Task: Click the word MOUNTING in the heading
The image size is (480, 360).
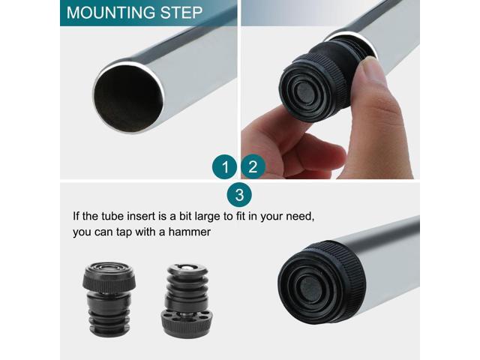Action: pyautogui.click(x=112, y=13)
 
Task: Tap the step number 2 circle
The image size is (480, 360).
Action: pyautogui.click(x=253, y=166)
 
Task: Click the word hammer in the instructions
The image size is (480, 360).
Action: pyautogui.click(x=189, y=232)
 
